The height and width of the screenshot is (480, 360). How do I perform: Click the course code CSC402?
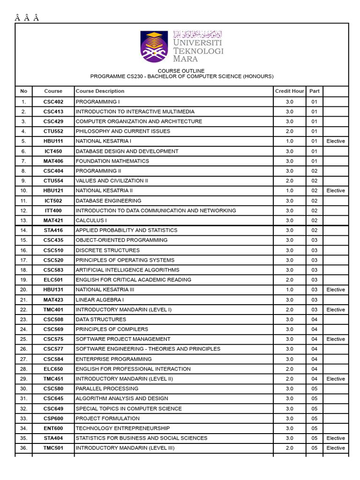point(53,102)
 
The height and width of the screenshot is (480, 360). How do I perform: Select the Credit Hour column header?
point(289,91)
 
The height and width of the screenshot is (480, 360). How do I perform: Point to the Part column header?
point(315,91)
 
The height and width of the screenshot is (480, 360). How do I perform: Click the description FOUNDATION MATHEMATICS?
point(112,161)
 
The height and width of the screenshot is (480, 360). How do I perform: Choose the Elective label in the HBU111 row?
point(336,141)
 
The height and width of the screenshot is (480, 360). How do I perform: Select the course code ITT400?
point(53,211)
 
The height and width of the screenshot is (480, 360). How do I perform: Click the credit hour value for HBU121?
point(289,191)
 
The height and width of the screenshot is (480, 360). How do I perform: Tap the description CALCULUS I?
point(91,221)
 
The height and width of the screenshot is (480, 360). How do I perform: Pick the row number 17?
point(24,260)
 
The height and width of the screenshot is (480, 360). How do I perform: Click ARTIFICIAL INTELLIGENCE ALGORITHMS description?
point(127,270)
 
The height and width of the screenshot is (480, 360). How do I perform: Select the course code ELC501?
point(53,280)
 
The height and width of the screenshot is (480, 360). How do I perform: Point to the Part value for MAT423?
point(315,300)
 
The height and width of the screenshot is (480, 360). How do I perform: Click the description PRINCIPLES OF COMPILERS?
point(112,330)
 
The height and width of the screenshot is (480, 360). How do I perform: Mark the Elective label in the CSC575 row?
point(336,339)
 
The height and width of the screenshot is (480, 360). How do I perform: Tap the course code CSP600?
point(53,419)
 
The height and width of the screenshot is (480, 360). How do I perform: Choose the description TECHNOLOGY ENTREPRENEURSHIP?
point(123,428)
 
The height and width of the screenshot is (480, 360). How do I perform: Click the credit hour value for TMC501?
point(289,448)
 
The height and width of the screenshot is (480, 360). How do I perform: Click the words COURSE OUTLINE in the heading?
point(181,71)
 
